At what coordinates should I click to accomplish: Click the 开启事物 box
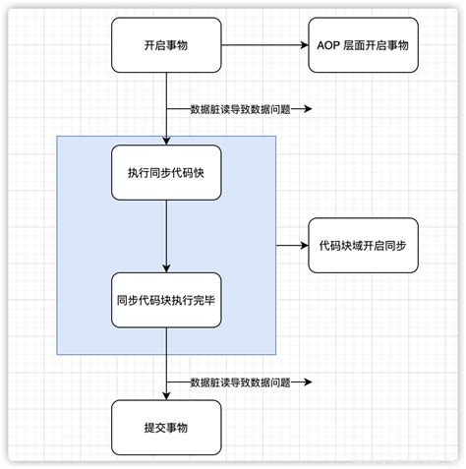point(166,45)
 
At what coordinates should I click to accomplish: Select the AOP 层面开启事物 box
point(363,45)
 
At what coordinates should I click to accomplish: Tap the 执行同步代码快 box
point(166,172)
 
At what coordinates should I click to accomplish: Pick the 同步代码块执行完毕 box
point(166,300)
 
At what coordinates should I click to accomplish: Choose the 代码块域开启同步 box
point(363,245)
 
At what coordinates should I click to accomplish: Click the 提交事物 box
point(166,428)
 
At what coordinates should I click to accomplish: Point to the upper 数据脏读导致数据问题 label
point(240,109)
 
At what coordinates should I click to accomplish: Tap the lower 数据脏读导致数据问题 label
point(240,382)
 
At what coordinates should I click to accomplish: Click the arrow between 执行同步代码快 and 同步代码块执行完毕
point(166,236)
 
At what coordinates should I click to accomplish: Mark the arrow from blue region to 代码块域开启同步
point(292,245)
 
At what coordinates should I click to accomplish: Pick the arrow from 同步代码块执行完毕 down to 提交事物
point(166,364)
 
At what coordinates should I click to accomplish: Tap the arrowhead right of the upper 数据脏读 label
point(307,109)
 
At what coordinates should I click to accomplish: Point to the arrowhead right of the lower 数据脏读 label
point(307,382)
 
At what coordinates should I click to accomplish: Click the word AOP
point(330,45)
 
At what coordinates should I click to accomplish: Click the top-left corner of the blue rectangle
point(57,137)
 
